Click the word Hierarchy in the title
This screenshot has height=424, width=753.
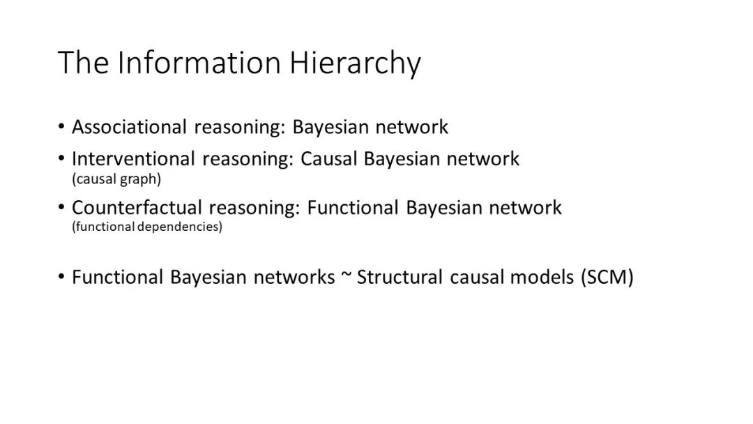(x=356, y=63)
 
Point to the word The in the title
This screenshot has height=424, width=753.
(x=84, y=63)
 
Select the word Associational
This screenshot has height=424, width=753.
(x=129, y=127)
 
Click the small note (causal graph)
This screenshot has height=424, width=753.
(x=116, y=179)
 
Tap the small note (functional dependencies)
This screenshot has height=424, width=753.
(x=146, y=227)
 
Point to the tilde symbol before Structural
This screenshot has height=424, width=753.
(x=345, y=276)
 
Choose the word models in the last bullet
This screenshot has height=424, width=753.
(x=541, y=277)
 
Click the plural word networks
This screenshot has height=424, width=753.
(x=294, y=277)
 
